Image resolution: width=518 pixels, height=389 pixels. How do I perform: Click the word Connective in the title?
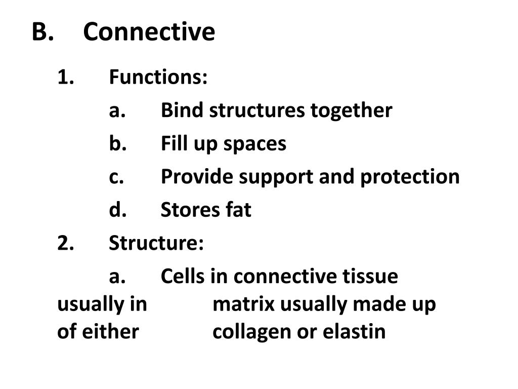click(149, 32)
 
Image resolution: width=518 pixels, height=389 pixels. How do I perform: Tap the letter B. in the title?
click(42, 32)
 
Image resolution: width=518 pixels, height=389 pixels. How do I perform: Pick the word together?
click(351, 110)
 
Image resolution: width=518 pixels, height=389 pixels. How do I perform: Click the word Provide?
click(197, 177)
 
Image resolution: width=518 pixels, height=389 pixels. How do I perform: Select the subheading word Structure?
click(156, 243)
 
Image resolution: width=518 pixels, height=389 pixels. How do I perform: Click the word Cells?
click(183, 277)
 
